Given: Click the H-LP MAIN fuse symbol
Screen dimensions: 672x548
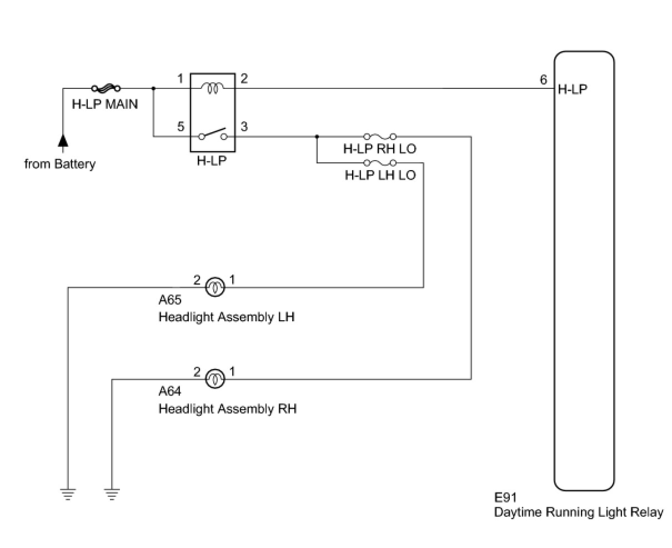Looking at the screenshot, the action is (106, 88).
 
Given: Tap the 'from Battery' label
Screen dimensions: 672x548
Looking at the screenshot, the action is (60, 164).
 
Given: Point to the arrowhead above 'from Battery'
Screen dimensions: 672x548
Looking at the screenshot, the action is (63, 141).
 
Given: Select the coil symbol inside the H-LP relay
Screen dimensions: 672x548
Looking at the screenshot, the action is (212, 88).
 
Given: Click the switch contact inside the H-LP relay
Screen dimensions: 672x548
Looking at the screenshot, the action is (213, 134).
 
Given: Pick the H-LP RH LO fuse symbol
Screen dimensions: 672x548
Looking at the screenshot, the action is (380, 136).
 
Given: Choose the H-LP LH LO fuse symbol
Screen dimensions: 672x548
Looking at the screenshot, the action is (380, 163).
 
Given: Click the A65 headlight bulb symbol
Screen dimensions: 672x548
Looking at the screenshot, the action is (215, 287).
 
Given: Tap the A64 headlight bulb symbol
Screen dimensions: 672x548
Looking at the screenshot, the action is (215, 379).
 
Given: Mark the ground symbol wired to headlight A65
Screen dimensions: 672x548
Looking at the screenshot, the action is (68, 494).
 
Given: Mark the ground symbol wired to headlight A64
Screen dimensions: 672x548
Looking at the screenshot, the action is (112, 494).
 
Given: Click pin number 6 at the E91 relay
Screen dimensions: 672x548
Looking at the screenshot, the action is (543, 79).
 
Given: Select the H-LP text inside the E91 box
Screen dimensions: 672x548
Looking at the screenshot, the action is (572, 89).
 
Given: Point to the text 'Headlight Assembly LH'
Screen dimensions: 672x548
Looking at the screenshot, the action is (227, 317).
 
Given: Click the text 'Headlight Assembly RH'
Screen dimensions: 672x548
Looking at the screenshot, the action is (228, 409).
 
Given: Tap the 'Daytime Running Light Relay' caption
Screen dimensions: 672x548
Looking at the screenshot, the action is (579, 512).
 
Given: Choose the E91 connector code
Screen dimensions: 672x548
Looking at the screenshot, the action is (505, 497).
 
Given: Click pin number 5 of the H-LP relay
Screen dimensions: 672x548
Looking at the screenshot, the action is (180, 127).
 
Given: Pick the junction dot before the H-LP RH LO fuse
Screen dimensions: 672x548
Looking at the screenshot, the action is (317, 136).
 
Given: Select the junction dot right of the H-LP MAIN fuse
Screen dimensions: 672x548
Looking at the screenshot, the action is (153, 88).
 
